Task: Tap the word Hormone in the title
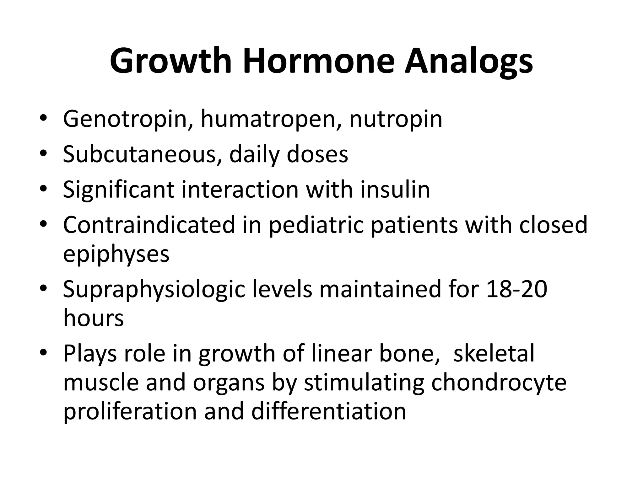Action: point(318,61)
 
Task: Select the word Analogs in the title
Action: point(468,61)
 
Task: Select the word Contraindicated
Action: point(149,225)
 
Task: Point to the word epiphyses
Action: point(116,254)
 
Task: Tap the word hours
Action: point(94,318)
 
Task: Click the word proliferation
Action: point(130,411)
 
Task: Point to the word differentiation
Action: point(328,411)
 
